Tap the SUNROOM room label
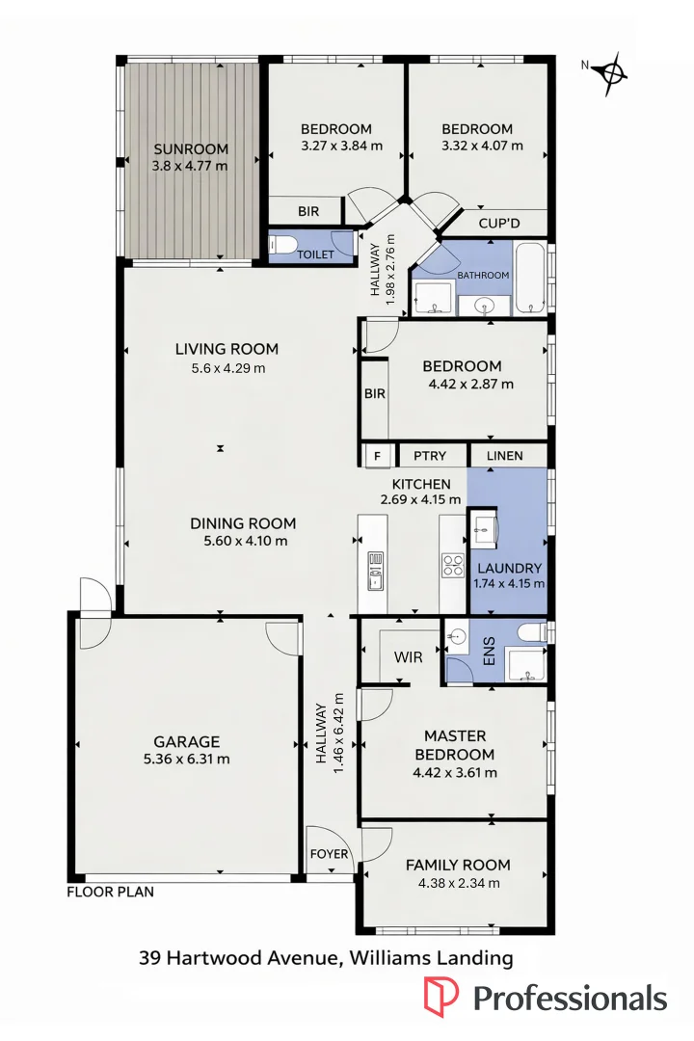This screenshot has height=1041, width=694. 191,148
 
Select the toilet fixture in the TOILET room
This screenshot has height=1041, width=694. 280,244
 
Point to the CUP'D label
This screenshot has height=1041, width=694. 499,224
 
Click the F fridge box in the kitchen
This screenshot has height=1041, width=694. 377,455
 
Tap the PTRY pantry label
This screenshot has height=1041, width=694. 429,455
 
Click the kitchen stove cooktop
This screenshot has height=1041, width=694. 452,564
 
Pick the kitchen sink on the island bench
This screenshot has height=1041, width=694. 376,571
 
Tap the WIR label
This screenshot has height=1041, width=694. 409,657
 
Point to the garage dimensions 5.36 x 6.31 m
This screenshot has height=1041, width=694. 187,759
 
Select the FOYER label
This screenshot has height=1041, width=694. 329,854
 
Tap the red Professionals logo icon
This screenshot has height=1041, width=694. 442,997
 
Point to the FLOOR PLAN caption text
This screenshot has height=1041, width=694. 110,893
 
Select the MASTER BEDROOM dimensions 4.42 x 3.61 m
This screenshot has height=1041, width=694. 454,772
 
